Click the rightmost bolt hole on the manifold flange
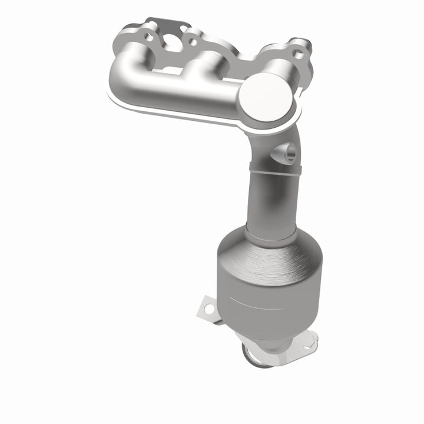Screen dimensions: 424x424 pos(299,53)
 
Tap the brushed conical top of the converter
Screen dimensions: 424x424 pos(271,259)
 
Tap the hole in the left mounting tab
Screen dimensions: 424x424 pos(206,306)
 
